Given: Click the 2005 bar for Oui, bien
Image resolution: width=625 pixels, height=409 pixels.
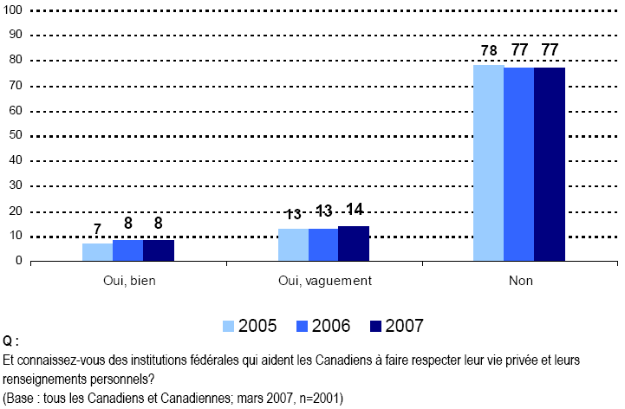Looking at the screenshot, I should click(x=98, y=252).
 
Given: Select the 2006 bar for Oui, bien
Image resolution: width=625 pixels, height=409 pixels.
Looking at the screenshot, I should click(x=128, y=251).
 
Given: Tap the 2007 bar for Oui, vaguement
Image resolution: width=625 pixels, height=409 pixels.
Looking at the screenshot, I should click(x=354, y=243).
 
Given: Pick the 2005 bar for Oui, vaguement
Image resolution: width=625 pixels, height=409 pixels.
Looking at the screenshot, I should click(x=293, y=245).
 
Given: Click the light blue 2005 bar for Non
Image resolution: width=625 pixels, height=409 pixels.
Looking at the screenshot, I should click(x=488, y=164).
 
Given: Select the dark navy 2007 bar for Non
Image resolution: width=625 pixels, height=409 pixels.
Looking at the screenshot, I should click(x=550, y=165).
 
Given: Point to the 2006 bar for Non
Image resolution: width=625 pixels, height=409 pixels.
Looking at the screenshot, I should click(x=518, y=165).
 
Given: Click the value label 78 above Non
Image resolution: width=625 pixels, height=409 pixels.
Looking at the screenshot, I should click(x=488, y=51).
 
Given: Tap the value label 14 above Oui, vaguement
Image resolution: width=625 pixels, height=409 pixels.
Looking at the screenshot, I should click(x=355, y=210).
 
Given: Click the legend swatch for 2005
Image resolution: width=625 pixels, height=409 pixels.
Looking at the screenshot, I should click(x=229, y=326).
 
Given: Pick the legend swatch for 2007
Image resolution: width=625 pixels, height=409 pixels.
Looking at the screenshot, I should click(x=375, y=326).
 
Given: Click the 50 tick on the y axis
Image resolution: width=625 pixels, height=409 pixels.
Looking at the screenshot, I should click(x=16, y=135).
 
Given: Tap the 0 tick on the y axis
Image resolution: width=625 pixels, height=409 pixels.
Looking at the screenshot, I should click(x=19, y=261).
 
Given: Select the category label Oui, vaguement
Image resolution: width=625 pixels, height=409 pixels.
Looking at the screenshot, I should click(x=323, y=281).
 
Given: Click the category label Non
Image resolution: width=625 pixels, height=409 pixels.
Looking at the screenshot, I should click(x=519, y=281).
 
